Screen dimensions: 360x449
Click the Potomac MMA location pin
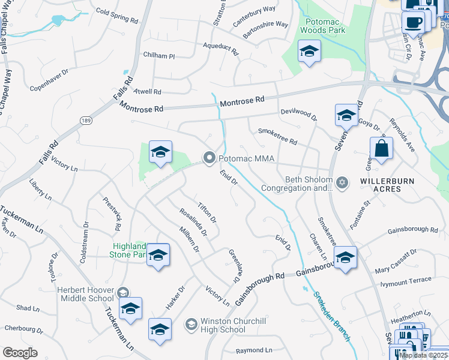(209, 158)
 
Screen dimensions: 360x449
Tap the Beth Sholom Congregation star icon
(342, 182)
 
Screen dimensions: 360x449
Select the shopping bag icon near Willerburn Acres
(381, 148)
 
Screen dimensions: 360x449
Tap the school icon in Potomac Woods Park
(309, 52)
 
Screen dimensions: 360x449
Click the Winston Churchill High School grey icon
(191, 325)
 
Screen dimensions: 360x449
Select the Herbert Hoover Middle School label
(85, 293)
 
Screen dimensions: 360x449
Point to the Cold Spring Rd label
(116, 16)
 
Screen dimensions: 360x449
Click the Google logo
(20, 352)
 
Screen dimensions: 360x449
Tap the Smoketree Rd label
(277, 136)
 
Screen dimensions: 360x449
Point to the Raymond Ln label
(254, 350)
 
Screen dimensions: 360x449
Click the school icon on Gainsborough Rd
(345, 258)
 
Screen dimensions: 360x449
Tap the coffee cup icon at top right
(413, 23)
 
